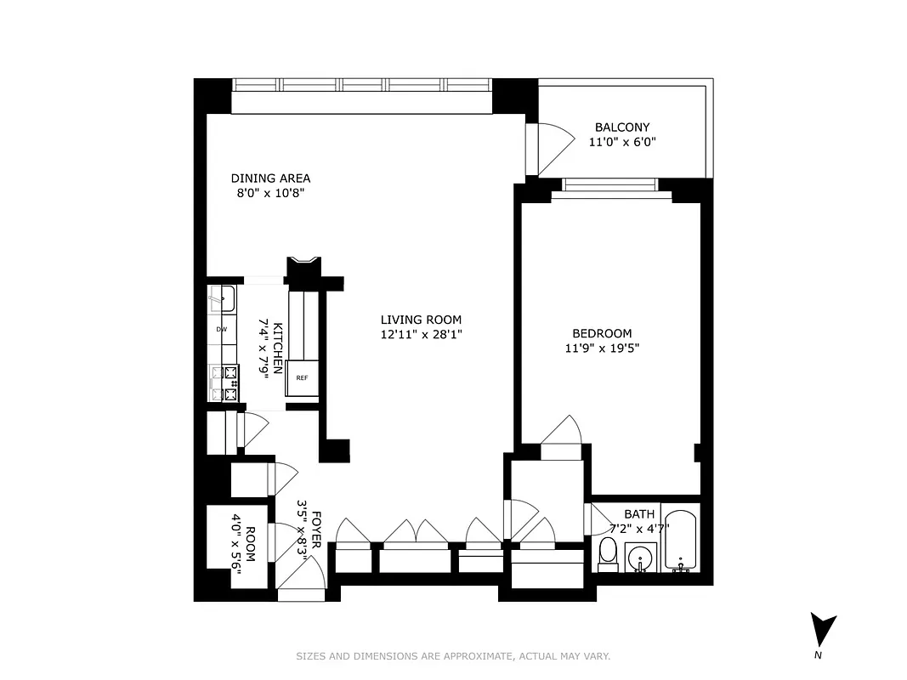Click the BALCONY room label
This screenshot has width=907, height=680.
(x=622, y=127)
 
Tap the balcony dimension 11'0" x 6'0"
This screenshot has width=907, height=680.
(x=622, y=143)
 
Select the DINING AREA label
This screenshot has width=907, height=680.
(x=270, y=178)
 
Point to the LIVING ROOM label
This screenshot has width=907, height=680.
(x=421, y=320)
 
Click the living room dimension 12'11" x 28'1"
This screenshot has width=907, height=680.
(x=421, y=335)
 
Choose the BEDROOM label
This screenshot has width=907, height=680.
(x=602, y=333)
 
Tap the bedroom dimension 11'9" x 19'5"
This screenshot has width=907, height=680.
(x=602, y=348)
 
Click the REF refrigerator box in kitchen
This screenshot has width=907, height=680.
(x=302, y=377)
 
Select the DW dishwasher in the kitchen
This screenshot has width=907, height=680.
(x=221, y=329)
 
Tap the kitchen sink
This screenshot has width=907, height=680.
(x=223, y=299)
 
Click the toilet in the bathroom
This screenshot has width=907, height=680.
(x=607, y=552)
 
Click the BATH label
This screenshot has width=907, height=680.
(x=639, y=514)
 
